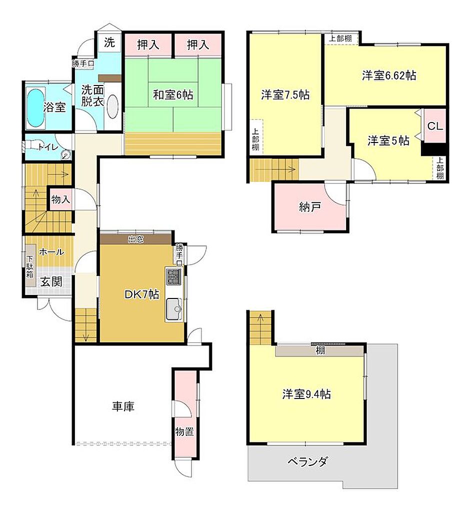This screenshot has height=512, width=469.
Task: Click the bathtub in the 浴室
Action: pyautogui.click(x=34, y=107)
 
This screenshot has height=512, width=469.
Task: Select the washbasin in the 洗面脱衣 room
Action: pyautogui.click(x=112, y=106)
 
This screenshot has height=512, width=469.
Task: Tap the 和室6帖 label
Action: pyautogui.click(x=173, y=94)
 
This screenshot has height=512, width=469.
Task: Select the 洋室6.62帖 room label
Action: pyautogui.click(x=389, y=75)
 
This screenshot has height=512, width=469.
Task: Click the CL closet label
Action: pyautogui.click(x=434, y=126)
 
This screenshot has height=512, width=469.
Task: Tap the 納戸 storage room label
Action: pyautogui.click(x=309, y=207)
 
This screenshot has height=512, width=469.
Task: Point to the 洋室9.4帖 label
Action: pyautogui.click(x=306, y=394)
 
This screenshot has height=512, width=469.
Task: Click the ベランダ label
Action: pyautogui.click(x=307, y=461)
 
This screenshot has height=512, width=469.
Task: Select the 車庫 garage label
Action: pyautogui.click(x=122, y=406)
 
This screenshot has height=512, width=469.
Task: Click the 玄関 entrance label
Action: pyautogui.click(x=51, y=282)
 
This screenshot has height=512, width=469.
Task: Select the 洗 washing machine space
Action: pyautogui.click(x=109, y=43)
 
